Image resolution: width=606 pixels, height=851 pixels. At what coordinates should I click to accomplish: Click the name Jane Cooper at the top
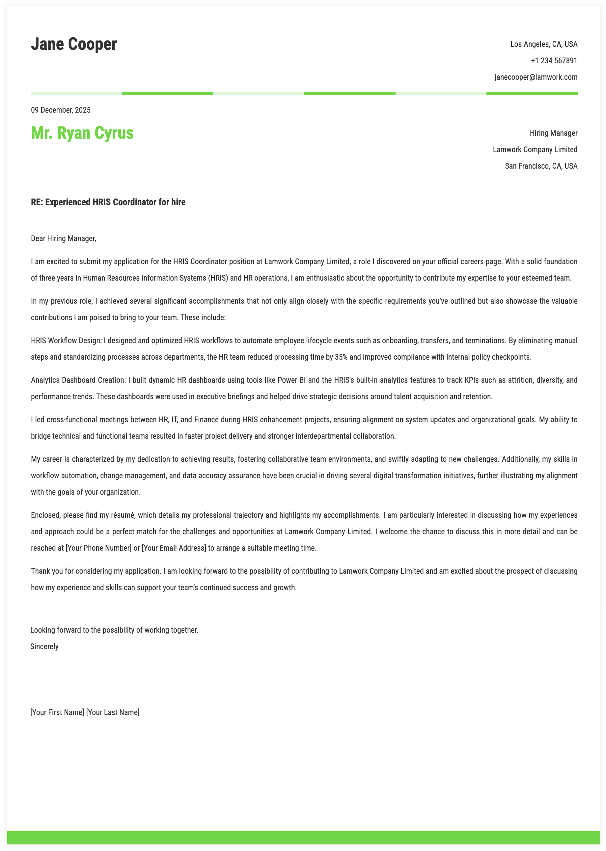click(74, 44)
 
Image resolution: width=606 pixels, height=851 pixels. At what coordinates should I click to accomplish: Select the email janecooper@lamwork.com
click(536, 77)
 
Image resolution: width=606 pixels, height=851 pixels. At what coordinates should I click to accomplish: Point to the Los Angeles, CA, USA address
click(544, 44)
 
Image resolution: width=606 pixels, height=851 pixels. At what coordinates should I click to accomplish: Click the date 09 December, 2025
click(61, 110)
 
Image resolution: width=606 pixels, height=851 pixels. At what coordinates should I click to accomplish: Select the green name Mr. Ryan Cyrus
click(82, 133)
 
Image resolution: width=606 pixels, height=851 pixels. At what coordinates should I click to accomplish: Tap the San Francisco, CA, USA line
click(541, 166)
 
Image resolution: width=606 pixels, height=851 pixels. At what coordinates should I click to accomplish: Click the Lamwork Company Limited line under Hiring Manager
click(535, 150)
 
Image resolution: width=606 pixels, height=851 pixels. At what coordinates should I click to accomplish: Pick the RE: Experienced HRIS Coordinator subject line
click(108, 202)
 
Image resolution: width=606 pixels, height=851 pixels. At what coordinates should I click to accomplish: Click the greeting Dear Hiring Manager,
click(64, 238)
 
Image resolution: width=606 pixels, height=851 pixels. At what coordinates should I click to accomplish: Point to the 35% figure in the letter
click(341, 357)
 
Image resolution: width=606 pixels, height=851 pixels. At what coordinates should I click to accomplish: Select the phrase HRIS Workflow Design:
click(67, 341)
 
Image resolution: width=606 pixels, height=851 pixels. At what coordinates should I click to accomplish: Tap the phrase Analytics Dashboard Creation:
click(78, 380)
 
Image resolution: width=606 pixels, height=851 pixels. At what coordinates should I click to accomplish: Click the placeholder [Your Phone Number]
click(98, 548)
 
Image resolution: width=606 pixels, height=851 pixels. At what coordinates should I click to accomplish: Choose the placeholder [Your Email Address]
click(174, 548)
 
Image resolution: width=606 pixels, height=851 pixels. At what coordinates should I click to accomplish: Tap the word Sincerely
click(44, 646)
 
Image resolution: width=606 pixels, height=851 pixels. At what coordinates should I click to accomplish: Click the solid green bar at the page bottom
click(303, 837)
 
